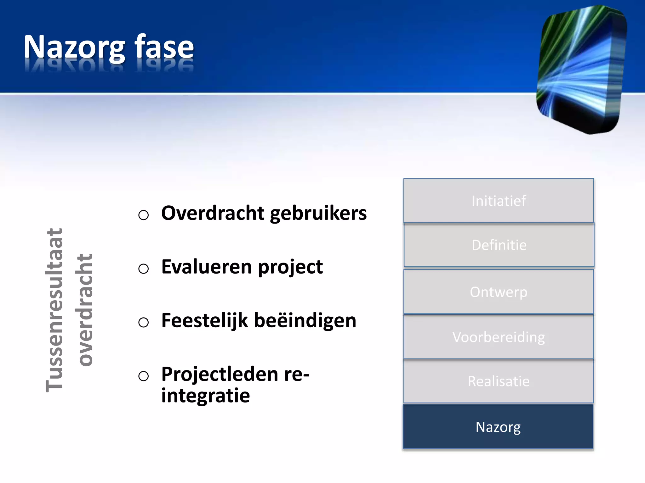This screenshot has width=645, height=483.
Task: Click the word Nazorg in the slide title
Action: pos(74,47)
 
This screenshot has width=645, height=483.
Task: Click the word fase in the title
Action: pos(164,47)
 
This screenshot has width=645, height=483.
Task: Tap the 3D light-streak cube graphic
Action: pos(581,69)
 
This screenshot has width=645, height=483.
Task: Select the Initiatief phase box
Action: pos(499,201)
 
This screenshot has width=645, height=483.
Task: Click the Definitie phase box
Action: pos(499,245)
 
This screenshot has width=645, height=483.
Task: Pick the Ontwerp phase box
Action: pos(499,292)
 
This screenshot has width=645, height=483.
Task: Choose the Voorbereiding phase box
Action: pos(499,337)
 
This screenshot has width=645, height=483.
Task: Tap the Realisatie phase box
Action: pos(499,381)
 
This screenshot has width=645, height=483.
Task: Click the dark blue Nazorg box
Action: pos(498,427)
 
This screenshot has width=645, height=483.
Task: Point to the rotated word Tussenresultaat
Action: pos(54,310)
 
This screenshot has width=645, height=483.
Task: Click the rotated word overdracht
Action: pos(84,310)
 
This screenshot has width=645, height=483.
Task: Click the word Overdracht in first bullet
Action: pos(213,213)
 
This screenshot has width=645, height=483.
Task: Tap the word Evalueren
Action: pos(207,267)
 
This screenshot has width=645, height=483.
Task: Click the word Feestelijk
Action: pos(205,321)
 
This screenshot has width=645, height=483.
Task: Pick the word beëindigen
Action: pos(305,321)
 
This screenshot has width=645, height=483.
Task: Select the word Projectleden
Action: pos(220,374)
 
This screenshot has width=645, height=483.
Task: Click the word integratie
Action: pos(205,396)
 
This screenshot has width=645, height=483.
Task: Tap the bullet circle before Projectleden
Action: pos(143,376)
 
